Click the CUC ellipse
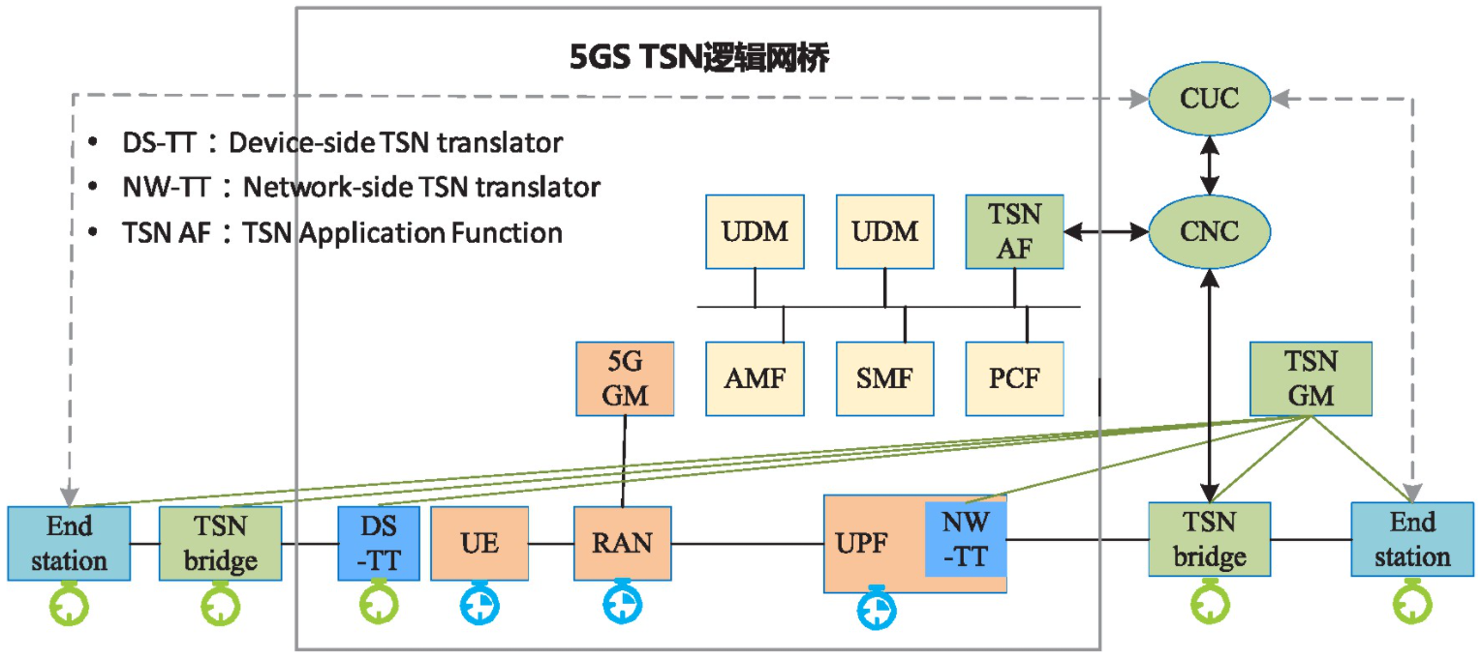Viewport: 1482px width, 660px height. point(1209,100)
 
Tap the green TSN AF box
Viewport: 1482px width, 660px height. point(1014,232)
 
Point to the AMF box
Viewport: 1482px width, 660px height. point(755,378)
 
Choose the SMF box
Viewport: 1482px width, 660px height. point(884,378)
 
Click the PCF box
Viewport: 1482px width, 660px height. point(1014,378)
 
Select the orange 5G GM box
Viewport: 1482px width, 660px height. point(624,378)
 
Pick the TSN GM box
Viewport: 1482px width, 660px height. point(1311,378)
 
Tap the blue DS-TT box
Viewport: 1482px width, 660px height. point(378,543)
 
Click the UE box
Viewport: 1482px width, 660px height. point(479,543)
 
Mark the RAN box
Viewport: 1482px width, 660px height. point(622,543)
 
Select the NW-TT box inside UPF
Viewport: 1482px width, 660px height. point(966,539)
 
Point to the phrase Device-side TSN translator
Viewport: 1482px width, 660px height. point(402,143)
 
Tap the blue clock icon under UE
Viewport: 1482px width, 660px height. point(480,605)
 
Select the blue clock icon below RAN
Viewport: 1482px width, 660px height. point(622,602)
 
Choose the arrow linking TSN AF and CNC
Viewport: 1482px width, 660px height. point(1106,232)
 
